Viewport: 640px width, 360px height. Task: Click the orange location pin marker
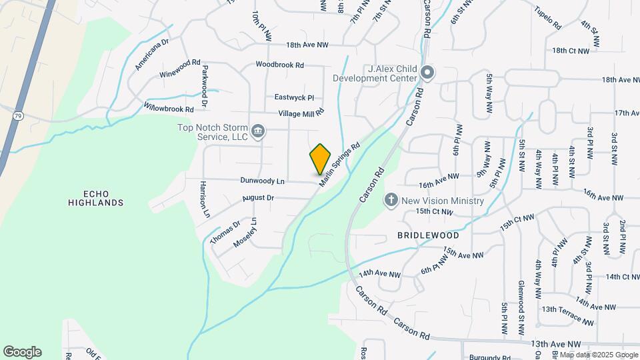coord(321,159)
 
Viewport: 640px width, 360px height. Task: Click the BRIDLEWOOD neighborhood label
coord(428,235)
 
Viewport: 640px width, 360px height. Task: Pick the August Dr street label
coord(258,197)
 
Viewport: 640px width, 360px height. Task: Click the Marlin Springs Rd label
coord(340,163)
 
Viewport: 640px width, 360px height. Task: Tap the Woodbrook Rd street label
coord(280,65)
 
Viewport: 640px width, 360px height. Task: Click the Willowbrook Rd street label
coord(169,107)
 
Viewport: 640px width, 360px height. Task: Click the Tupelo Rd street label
coord(548,19)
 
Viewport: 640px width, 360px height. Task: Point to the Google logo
coord(22,351)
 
